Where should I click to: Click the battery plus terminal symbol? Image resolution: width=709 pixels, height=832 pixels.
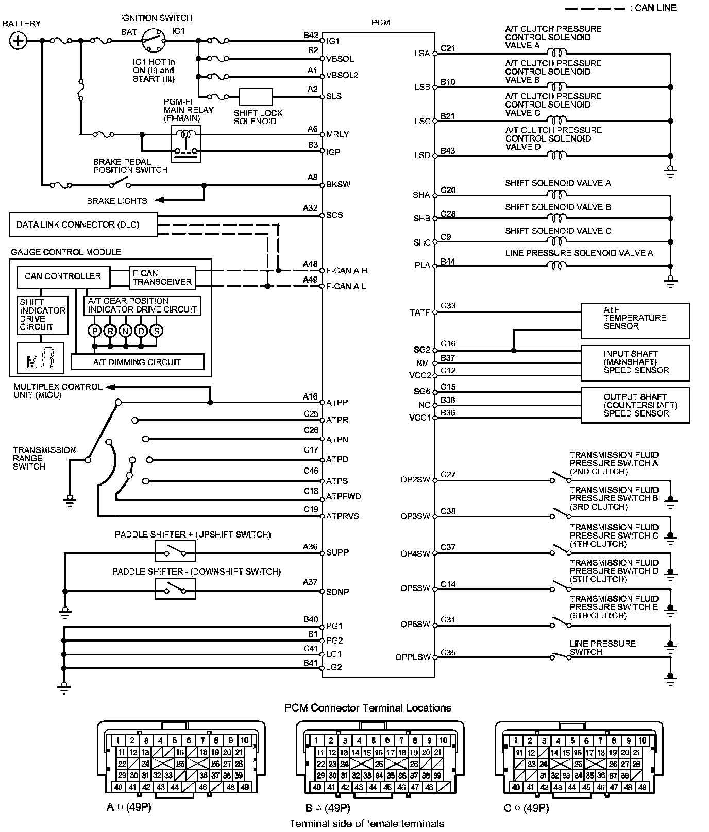(x=19, y=41)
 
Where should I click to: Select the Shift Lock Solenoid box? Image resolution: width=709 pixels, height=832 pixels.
(x=256, y=97)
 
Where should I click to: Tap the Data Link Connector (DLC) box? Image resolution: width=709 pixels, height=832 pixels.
(x=83, y=225)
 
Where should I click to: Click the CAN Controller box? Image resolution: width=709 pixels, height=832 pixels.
(x=63, y=276)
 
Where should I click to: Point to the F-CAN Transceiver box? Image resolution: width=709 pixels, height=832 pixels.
(x=162, y=278)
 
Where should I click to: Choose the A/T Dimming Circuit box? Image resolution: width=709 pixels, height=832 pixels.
(x=138, y=362)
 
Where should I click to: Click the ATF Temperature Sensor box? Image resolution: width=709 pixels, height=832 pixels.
(x=635, y=320)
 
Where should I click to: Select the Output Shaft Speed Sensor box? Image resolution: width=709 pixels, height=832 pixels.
(x=635, y=405)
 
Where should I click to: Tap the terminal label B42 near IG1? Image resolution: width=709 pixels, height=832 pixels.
(x=311, y=36)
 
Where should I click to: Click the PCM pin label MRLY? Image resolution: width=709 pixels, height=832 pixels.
(x=337, y=135)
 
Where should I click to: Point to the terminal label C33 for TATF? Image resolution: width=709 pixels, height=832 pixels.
(x=448, y=306)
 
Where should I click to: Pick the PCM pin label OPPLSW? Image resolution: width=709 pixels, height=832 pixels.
(x=413, y=657)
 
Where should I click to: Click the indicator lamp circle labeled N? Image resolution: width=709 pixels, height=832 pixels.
(x=126, y=331)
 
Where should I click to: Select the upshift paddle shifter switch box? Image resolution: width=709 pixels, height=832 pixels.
(x=175, y=551)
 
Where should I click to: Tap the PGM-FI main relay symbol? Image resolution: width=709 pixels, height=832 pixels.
(x=186, y=144)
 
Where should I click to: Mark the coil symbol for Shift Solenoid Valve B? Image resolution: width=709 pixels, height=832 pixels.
(x=556, y=218)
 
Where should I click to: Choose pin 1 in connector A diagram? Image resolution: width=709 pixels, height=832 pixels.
(x=118, y=741)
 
